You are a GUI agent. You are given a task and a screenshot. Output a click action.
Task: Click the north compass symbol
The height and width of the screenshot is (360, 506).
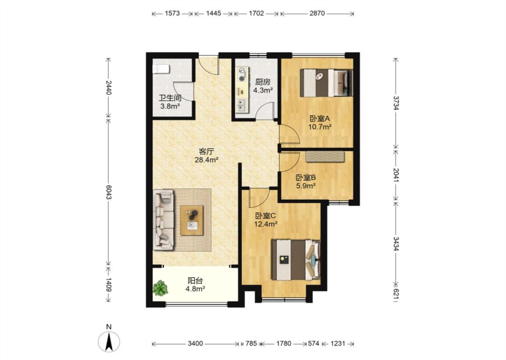pos(109,341)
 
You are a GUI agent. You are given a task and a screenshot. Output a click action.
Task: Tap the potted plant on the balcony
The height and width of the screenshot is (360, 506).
pos(161,288)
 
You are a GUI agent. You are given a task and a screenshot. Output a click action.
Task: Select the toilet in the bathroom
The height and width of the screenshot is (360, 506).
pos(161,69)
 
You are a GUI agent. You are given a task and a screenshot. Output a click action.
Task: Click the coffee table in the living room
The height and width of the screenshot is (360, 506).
pos(192,220)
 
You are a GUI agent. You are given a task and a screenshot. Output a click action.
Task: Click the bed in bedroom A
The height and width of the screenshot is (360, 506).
pos(326,83)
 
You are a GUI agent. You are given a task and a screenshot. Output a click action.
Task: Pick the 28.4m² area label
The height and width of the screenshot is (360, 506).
pos(207,159)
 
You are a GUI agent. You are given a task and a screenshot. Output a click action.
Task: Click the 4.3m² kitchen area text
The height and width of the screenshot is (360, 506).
pos(263,90)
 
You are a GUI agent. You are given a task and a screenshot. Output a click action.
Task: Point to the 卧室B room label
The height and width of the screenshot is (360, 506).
pos(305,178)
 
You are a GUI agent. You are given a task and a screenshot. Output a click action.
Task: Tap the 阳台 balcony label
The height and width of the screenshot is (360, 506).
pos(196,281)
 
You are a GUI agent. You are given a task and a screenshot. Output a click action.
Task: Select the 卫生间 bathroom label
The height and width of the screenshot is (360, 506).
pos(170,98)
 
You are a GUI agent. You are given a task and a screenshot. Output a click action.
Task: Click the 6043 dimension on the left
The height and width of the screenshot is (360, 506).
pos(108,193)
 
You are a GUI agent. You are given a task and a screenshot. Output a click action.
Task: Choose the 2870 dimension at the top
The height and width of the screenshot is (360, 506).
pos(317,13)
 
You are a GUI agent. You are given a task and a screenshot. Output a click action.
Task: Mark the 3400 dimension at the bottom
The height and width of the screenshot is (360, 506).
pos(195,343)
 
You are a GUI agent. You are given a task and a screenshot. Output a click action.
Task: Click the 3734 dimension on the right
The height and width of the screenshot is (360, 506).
pos(396,102)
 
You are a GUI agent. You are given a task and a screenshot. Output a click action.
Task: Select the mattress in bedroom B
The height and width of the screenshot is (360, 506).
pos(325,156)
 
